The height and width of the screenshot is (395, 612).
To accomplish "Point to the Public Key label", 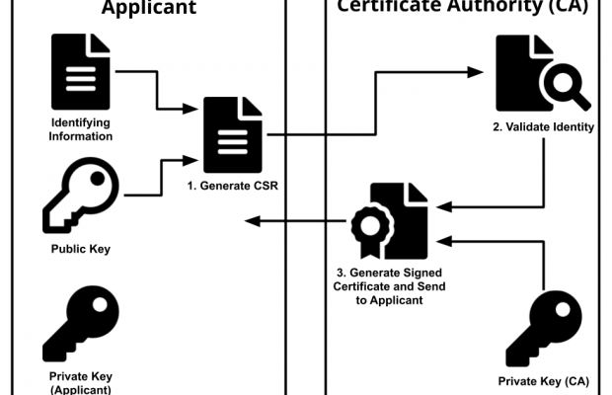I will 80,250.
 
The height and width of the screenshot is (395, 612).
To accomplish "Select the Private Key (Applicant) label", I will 80,382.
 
